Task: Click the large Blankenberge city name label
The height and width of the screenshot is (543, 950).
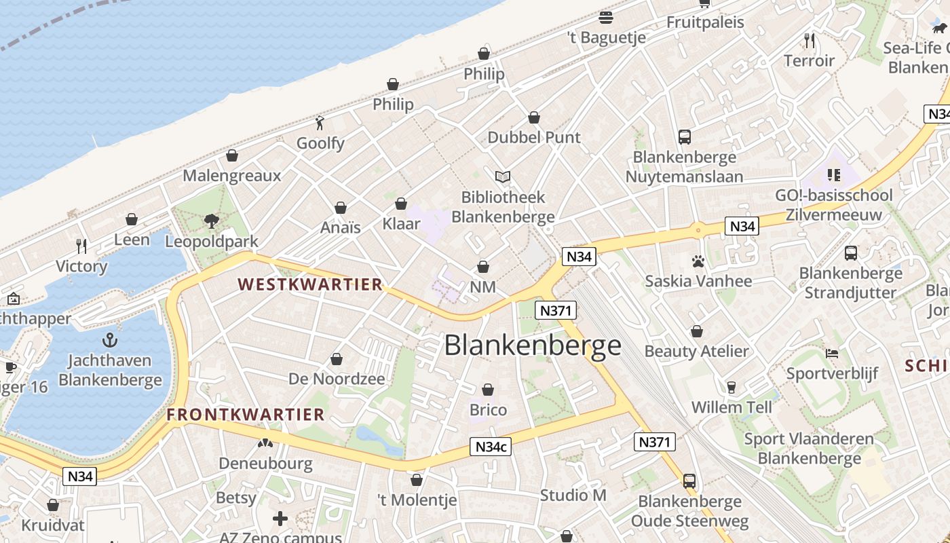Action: click(533, 345)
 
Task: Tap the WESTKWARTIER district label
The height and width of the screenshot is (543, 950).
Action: click(310, 284)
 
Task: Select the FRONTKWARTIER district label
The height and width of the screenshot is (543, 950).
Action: click(246, 414)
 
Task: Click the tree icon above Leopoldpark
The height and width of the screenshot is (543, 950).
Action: click(211, 221)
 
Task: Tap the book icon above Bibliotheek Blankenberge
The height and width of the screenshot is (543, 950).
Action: click(502, 177)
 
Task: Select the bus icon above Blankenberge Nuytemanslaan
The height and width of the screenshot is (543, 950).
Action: click(684, 137)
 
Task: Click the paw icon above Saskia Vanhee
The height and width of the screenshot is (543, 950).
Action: click(698, 261)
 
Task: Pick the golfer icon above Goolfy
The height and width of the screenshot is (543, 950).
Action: click(320, 123)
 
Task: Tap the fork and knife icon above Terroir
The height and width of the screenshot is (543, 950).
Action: click(809, 41)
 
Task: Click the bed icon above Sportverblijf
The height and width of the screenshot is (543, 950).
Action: click(832, 354)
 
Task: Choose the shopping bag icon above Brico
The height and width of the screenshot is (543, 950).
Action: click(488, 390)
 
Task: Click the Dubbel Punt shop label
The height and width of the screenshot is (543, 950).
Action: click(534, 137)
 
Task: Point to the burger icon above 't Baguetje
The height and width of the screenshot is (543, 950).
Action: click(606, 18)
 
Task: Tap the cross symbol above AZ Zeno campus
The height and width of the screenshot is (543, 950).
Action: click(280, 519)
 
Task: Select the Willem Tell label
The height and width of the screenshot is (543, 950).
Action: click(731, 407)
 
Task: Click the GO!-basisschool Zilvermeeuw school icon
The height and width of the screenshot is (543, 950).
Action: click(834, 175)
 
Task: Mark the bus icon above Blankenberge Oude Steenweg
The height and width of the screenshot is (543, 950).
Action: click(689, 481)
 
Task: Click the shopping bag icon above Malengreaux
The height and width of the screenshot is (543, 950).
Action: click(232, 155)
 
